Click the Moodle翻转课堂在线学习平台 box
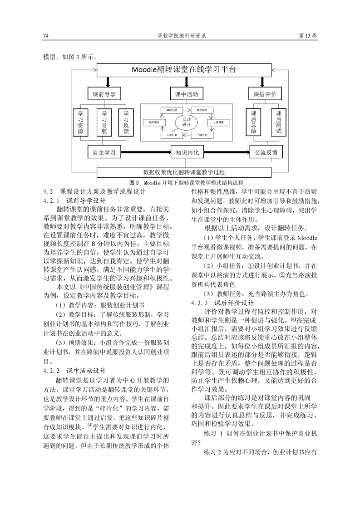(184, 70)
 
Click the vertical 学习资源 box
(81, 122)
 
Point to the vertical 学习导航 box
(104, 122)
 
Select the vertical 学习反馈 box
(127, 122)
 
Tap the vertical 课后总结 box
(254, 122)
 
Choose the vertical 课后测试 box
(279, 122)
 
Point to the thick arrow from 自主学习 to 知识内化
(146, 152)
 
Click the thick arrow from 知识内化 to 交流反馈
(227, 152)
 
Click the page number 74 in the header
(46, 36)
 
